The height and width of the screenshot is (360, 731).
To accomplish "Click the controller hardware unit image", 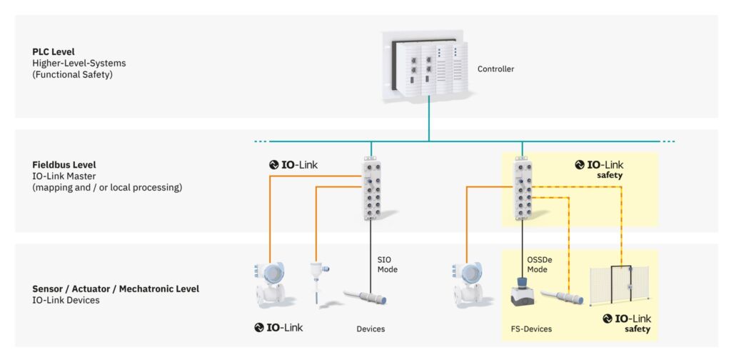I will (x=428, y=68).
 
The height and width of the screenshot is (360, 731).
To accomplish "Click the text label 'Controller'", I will (x=495, y=69).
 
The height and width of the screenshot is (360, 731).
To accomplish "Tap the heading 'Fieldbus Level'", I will (x=64, y=165).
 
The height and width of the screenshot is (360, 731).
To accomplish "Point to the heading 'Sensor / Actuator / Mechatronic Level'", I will (x=116, y=289).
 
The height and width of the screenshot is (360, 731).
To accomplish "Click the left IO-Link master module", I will (x=370, y=189).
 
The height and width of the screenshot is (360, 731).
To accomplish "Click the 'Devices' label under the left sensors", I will (x=370, y=329).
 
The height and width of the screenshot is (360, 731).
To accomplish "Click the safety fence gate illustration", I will (x=618, y=289).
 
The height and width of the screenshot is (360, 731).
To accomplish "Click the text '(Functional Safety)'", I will (x=72, y=74).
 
